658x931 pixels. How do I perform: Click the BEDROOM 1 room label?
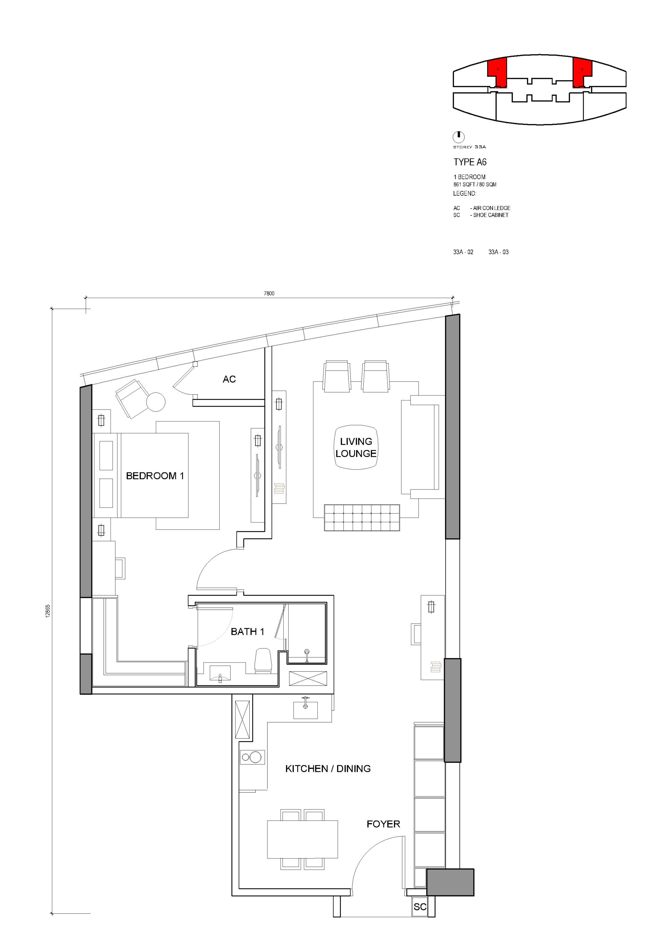point(155,476)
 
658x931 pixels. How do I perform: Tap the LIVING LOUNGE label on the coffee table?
point(356,447)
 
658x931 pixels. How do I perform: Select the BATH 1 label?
point(247,631)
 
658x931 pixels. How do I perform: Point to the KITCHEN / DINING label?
point(328,769)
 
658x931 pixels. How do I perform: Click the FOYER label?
point(383,824)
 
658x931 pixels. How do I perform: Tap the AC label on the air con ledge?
point(229,379)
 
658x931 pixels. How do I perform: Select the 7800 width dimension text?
point(269,293)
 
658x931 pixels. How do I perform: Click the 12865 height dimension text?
point(48,611)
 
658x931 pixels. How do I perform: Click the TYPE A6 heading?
point(470,162)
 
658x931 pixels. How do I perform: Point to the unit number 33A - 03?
point(498,252)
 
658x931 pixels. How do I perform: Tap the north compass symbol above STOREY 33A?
point(458,137)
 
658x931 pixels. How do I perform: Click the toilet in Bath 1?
point(263,661)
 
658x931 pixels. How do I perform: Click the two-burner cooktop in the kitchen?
point(252,757)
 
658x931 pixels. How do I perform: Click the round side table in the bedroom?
point(156,402)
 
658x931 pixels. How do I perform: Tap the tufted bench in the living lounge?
point(362,517)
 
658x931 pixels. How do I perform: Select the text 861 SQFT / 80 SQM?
point(475,184)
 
